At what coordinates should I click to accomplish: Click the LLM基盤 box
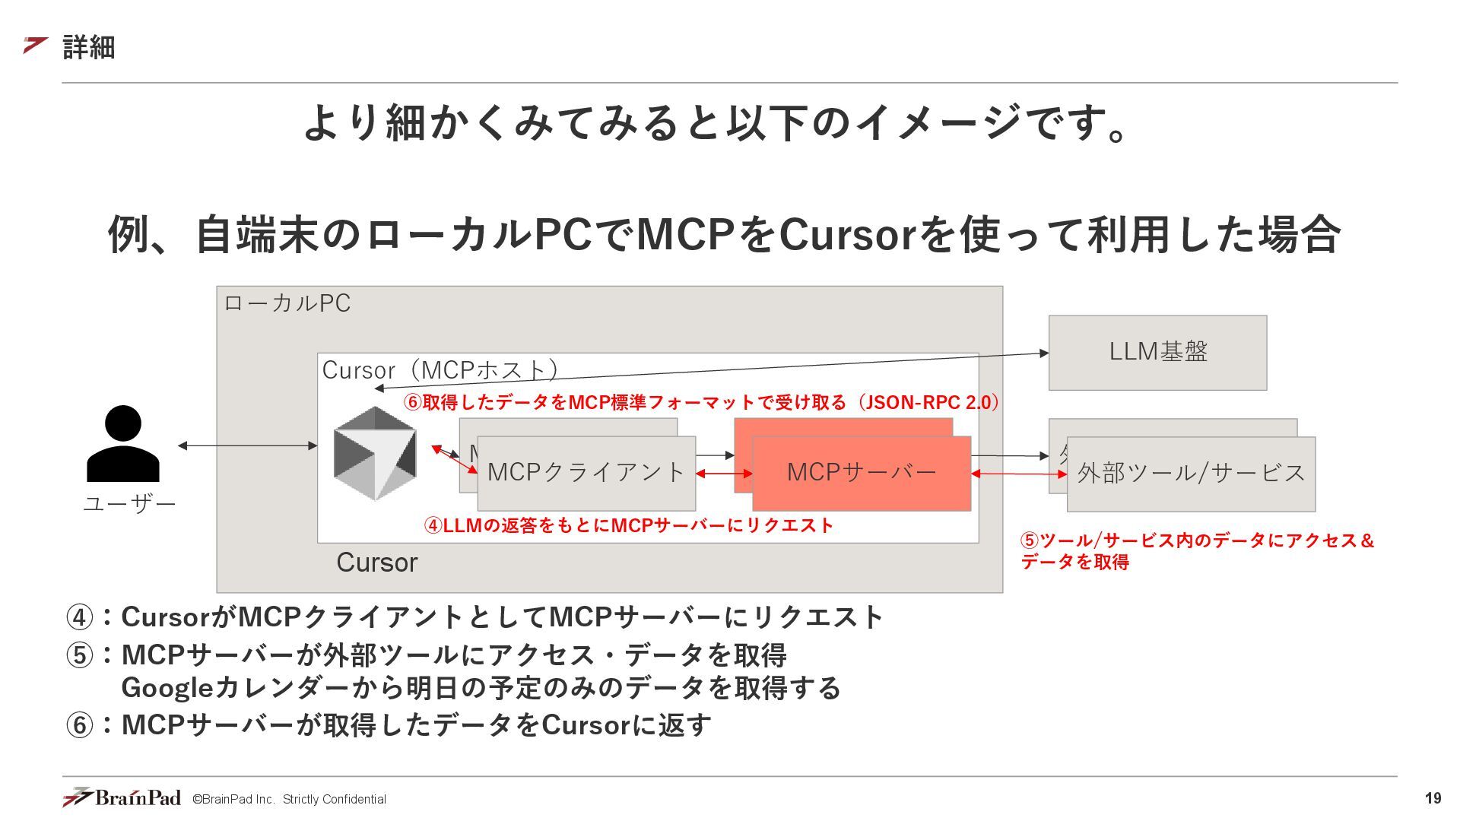coord(1157,353)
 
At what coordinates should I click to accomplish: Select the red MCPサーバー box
coord(861,473)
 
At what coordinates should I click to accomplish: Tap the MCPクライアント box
coord(586,473)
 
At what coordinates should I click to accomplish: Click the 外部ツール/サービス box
coord(1191,474)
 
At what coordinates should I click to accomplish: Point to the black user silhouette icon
coord(123,444)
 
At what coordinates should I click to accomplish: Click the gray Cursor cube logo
coord(375,453)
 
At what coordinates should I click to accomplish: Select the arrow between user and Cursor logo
coord(248,445)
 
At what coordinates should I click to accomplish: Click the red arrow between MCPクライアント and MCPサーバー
coord(724,474)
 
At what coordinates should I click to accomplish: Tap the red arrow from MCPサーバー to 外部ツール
coord(1019,474)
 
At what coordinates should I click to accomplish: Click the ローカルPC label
coord(287,303)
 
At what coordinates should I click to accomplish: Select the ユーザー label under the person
coord(129,504)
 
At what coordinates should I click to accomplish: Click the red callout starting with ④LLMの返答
coord(628,525)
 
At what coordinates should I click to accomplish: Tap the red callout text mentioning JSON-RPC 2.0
coord(701,402)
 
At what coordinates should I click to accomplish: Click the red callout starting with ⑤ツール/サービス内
coord(1197,550)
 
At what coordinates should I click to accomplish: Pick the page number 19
coord(1433,798)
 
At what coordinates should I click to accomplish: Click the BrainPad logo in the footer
coord(122,797)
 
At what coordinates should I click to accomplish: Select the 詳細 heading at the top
coord(88,47)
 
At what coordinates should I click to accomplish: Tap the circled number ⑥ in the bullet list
coord(79,725)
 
